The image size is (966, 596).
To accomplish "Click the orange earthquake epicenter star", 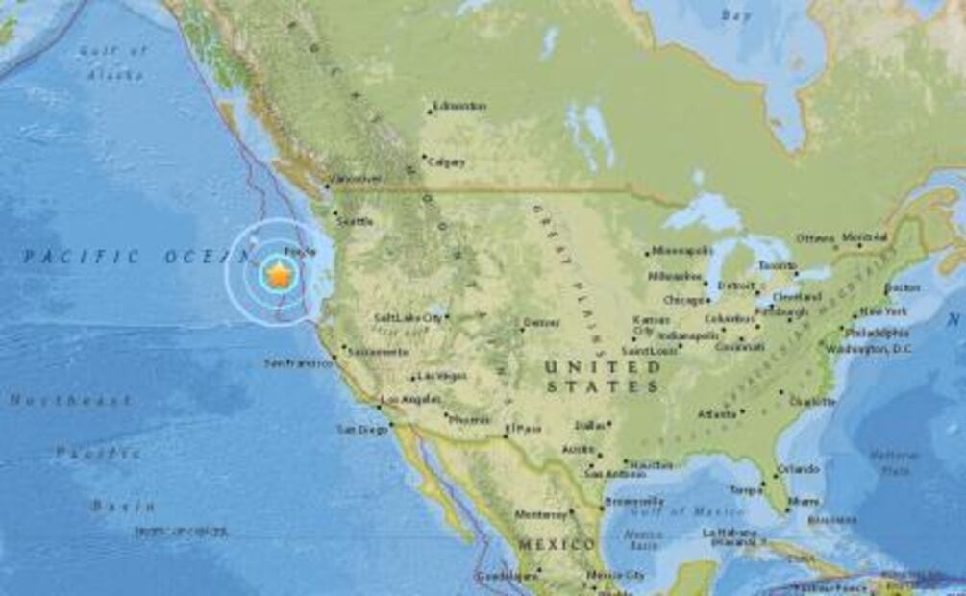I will tap(278, 276).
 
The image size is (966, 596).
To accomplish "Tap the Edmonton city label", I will tap(459, 106).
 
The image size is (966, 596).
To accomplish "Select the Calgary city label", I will tap(447, 162).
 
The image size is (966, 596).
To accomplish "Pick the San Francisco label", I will tap(298, 363).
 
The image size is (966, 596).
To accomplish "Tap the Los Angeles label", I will tap(411, 399).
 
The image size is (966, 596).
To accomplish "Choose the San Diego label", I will tap(361, 429).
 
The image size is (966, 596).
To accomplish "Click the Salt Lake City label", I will tap(408, 317).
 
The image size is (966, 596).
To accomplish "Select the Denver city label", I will tap(542, 323).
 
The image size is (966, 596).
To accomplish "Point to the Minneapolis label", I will tap(682, 251).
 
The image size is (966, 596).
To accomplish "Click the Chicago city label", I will tap(683, 299).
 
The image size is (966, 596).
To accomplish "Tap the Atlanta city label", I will tap(716, 414).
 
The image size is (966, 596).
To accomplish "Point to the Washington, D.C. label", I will tap(869, 349).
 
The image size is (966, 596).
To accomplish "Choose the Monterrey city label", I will tap(541, 514).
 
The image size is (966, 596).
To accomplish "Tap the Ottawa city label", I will tap(815, 238).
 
